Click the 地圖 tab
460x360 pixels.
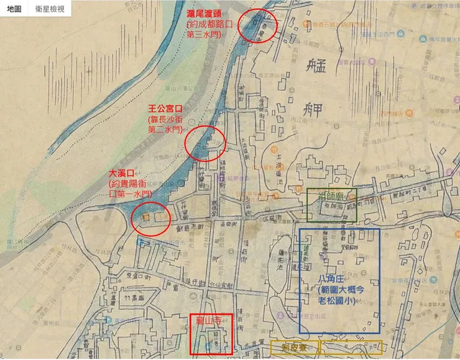click(14, 10)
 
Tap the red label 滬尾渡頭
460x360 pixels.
click(209, 13)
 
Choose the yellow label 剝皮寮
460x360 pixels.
click(295, 347)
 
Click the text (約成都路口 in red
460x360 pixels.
click(211, 24)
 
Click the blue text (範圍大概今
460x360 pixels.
click(339, 290)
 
